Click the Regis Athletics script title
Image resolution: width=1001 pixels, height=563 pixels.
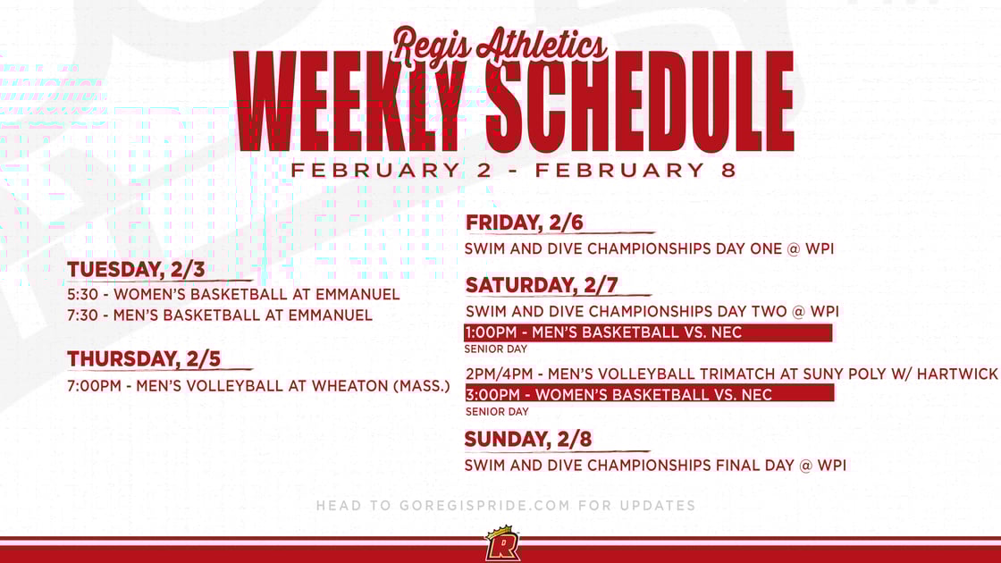pos(500,43)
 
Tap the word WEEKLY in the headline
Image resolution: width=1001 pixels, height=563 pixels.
pos(350,101)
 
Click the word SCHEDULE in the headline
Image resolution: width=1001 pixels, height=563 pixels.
pos(641,101)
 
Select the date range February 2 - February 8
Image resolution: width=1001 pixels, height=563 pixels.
pos(513,170)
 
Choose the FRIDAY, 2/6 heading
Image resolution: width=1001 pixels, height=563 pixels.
pos(525,223)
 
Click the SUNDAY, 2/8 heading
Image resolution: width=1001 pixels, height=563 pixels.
pos(527,439)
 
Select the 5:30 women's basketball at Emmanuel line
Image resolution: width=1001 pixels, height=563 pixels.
pos(233,294)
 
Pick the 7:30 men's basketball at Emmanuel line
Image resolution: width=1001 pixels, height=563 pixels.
pos(220,315)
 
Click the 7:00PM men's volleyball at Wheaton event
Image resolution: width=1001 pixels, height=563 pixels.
pos(258,387)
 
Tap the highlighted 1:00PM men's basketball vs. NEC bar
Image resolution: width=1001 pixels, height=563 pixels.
pos(648,332)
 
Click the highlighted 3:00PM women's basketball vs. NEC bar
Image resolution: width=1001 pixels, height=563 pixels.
pos(649,394)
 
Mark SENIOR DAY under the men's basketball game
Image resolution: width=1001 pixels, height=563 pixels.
pos(495,349)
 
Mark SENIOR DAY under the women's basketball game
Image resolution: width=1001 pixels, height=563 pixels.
pos(497,412)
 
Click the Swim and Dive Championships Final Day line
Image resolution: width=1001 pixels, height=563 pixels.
pos(654,465)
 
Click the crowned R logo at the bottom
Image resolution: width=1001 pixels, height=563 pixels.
pos(502,543)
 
